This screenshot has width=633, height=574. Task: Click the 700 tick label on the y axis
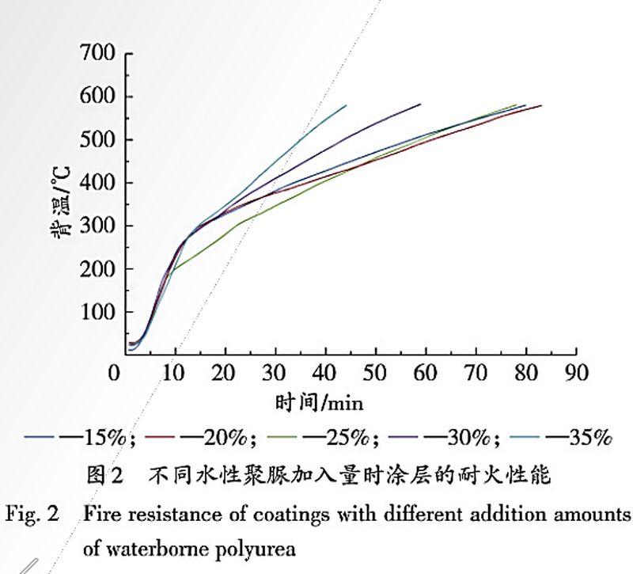[97, 54]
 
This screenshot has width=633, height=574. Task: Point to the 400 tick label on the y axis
[97, 184]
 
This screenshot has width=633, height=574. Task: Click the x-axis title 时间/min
[319, 403]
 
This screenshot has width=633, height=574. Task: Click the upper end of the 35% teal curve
[346, 105]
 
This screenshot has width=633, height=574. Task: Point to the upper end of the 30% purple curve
[420, 104]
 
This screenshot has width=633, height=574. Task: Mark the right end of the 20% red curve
[541, 105]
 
